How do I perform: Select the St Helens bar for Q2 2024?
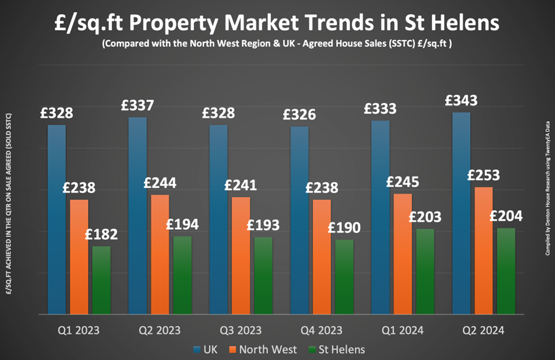506,271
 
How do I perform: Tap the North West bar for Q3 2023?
240,255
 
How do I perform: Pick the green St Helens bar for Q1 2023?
101,280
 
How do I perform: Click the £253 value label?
483,175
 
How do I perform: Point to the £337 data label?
138,105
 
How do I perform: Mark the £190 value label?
344,227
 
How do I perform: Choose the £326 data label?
299,114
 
